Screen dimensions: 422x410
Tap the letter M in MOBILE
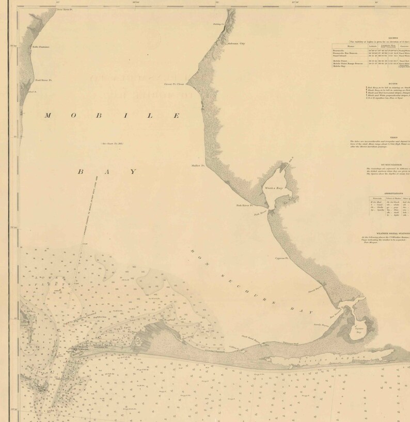pos(48,115)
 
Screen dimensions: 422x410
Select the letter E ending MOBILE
pos(176,115)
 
